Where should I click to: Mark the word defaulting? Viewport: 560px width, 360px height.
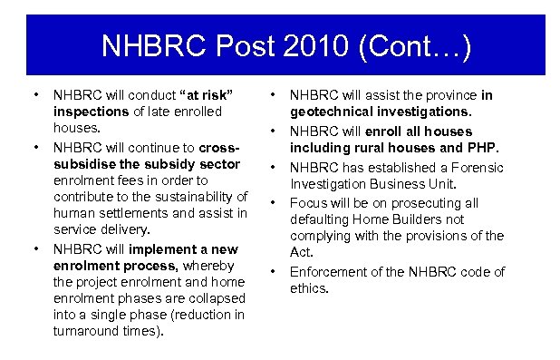pyautogui.click(x=321, y=220)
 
